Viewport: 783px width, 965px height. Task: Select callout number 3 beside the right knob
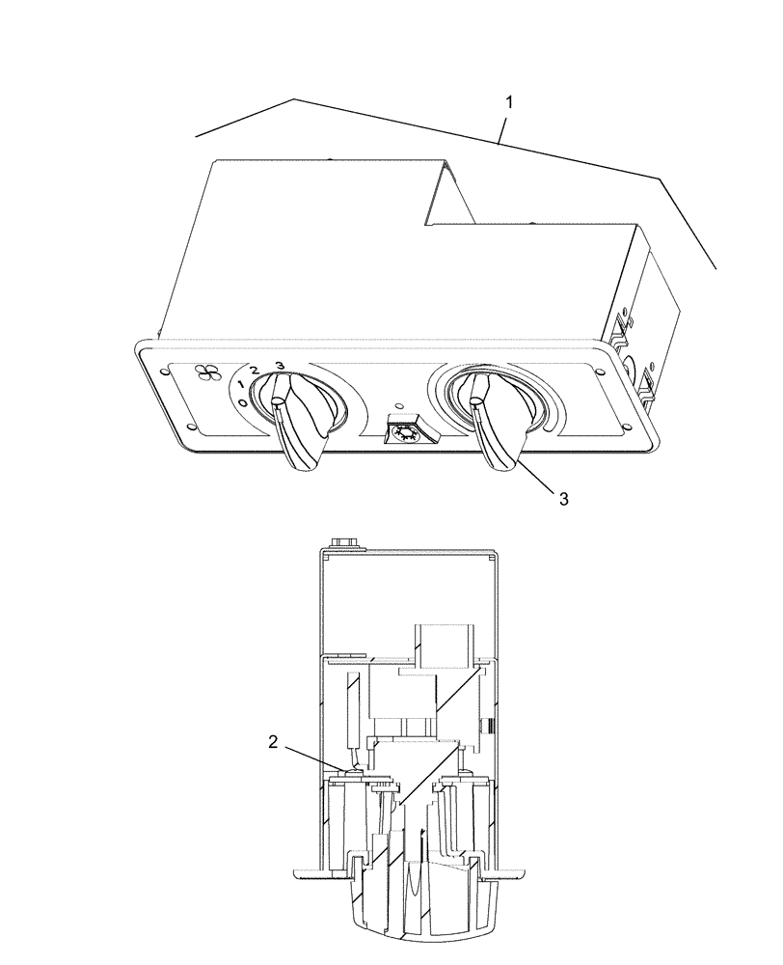[565, 498]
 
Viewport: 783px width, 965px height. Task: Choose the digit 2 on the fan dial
[255, 372]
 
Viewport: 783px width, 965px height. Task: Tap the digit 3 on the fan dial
[280, 365]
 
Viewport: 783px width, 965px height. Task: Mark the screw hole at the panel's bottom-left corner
[191, 430]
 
